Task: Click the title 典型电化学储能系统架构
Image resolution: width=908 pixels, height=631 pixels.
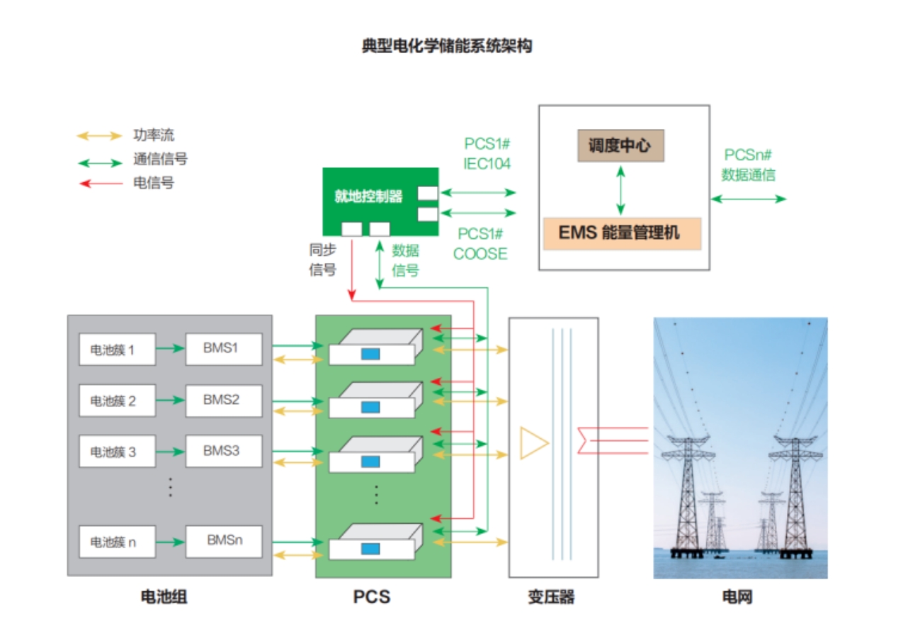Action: point(446,47)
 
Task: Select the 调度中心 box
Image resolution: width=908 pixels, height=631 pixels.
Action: point(620,147)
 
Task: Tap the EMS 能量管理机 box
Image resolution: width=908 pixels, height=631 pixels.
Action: point(621,233)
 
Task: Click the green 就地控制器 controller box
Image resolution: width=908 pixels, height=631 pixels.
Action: point(380,201)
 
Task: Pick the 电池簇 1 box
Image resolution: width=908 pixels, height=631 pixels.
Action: point(117,350)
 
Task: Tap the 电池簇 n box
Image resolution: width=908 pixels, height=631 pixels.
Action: point(117,542)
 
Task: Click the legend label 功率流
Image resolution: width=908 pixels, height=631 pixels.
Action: point(154,135)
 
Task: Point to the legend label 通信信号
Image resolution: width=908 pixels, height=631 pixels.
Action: point(160,160)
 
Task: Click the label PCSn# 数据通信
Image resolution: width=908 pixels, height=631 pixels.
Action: point(748,164)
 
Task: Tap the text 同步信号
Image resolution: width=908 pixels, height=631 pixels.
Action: point(322,259)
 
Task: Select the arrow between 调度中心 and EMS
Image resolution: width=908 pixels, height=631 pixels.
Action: point(621,190)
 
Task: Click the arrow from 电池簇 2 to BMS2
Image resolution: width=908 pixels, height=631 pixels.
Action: point(170,401)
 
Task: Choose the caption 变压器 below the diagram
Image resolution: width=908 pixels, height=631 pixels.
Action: point(551,597)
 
